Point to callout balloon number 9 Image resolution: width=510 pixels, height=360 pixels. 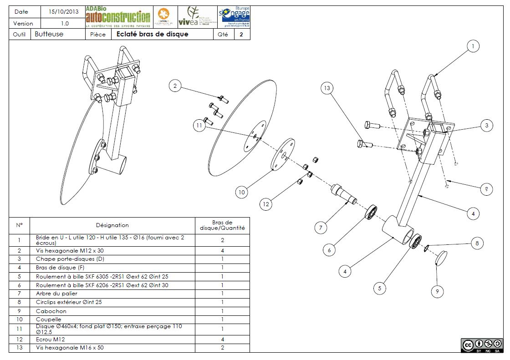tap(437, 292)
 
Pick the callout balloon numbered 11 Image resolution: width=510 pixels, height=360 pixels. tap(199, 125)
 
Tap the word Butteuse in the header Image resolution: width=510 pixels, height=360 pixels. tap(49, 34)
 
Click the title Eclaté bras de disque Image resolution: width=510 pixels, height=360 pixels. tap(152, 34)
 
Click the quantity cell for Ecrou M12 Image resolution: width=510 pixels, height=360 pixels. tap(222, 339)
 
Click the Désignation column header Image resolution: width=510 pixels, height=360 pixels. tap(112, 225)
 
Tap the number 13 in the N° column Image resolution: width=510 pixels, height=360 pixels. tap(19, 348)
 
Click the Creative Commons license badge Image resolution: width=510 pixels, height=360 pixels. tap(482, 345)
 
